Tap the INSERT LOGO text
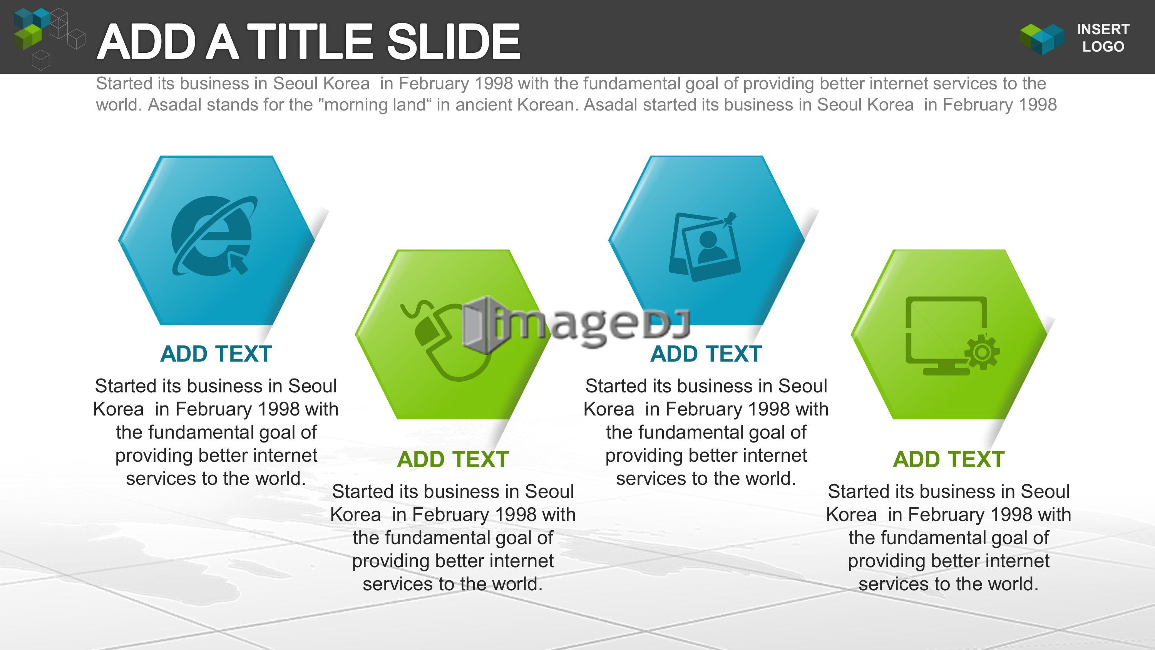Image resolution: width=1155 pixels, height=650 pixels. pos(1103,38)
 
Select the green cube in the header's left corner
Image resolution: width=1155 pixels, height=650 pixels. pos(28,37)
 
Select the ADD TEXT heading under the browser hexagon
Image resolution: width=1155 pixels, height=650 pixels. pos(216,354)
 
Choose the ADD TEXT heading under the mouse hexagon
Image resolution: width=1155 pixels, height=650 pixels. pos(453,459)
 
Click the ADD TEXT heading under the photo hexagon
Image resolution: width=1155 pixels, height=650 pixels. pos(706,354)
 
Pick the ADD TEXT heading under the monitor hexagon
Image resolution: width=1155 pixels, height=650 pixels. pos(949,459)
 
